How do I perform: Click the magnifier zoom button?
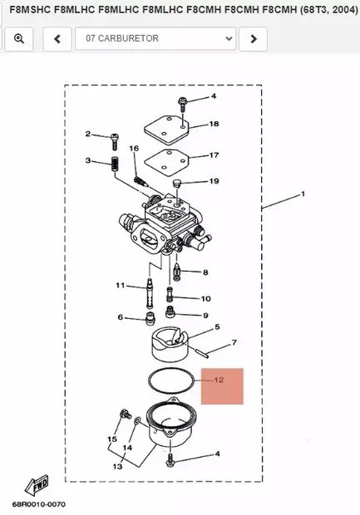click(18, 38)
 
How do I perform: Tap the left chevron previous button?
click(57, 38)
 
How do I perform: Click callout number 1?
click(303, 194)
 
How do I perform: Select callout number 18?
click(214, 124)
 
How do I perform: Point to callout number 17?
click(214, 154)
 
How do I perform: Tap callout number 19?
click(214, 181)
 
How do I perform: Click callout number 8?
click(205, 272)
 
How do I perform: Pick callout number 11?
click(120, 285)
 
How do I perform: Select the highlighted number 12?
click(219, 380)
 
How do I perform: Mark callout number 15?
click(111, 439)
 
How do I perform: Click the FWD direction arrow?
click(36, 485)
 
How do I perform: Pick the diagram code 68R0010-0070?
click(38, 504)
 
